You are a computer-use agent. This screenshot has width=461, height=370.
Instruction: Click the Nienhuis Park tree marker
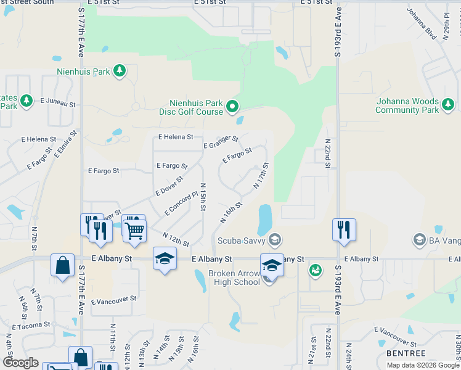coord(120,72)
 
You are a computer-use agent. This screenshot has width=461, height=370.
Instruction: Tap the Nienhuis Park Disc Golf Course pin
coord(232,107)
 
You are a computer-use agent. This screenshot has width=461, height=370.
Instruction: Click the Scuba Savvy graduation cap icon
coord(275,239)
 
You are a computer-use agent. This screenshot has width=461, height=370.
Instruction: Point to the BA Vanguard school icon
coord(419,239)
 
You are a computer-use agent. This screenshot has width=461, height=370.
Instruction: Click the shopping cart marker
coord(134,230)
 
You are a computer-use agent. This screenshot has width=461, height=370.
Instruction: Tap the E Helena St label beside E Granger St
coord(176,137)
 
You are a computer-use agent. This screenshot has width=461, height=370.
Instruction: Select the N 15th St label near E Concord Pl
coord(202,197)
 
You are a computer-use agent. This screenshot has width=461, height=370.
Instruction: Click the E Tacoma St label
coord(30,325)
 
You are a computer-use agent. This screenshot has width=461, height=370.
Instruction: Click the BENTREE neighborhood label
coord(406,353)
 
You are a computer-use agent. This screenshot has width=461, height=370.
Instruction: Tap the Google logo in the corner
coord(21,363)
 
